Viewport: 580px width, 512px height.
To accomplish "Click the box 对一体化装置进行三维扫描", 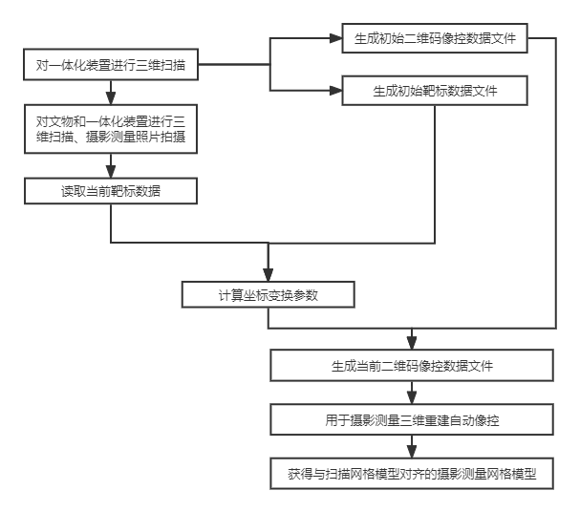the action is (111, 64).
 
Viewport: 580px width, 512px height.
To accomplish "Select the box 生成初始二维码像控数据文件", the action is (435, 38).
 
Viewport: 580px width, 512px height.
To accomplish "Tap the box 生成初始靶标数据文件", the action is (435, 91).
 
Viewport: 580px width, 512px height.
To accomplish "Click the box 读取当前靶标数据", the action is (111, 191).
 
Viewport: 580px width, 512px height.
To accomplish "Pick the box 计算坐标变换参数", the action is (269, 294).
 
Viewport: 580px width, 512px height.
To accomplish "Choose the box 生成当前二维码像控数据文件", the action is (412, 365).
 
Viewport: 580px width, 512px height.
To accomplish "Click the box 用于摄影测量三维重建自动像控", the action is (412, 419).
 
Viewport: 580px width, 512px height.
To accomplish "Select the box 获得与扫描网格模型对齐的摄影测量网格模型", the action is (412, 474).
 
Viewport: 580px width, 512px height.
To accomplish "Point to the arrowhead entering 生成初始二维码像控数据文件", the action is (336, 38).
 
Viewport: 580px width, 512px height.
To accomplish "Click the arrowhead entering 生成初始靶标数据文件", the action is (336, 91).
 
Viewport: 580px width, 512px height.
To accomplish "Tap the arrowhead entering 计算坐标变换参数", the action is (269, 275).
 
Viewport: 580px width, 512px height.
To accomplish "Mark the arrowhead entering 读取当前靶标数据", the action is (111, 172).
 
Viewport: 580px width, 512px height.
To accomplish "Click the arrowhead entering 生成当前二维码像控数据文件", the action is (412, 344).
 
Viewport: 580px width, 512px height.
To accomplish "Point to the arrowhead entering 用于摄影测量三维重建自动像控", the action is (412, 397).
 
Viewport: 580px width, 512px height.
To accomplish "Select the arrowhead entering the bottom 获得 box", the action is (412, 452).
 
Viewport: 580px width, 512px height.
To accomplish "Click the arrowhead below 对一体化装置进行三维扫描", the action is (111, 98).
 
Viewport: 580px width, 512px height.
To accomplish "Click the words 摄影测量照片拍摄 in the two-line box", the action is (136, 137).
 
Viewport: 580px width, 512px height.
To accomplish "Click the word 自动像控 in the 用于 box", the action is (474, 420).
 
